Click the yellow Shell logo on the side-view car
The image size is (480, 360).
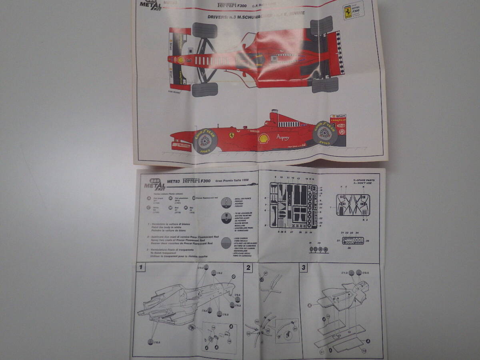(x=263, y=138)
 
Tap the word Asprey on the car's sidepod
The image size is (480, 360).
(x=282, y=137)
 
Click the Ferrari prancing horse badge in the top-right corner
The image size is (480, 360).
(x=348, y=12)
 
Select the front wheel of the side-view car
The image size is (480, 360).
(x=205, y=141)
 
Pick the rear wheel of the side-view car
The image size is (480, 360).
(x=325, y=133)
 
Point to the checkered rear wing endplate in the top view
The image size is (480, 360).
(x=340, y=52)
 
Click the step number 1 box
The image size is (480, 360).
(x=140, y=267)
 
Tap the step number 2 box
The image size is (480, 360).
(x=249, y=268)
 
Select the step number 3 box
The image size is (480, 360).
(x=304, y=268)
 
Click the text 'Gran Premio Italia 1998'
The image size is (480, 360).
(x=232, y=180)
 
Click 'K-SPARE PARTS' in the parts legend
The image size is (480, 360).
(x=364, y=180)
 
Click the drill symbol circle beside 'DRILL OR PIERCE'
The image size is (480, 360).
(x=226, y=202)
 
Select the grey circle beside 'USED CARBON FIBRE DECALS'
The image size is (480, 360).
(x=226, y=243)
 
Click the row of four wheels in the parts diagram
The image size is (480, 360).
(x=319, y=250)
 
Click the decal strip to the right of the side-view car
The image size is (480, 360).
(x=338, y=125)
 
